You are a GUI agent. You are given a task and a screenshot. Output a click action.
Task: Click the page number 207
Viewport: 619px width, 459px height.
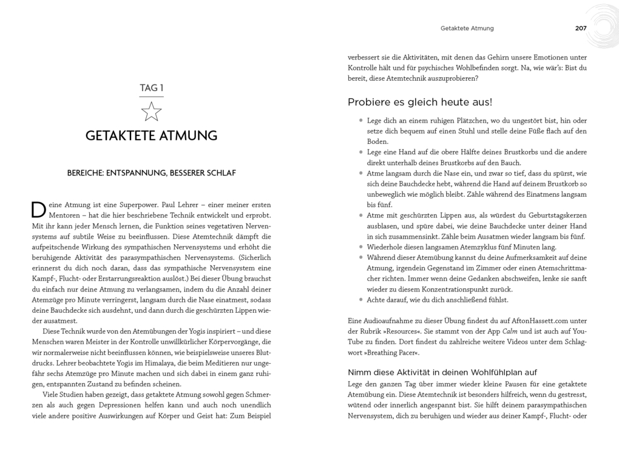(x=581, y=28)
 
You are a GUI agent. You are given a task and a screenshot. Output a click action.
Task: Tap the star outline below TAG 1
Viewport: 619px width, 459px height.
(x=151, y=111)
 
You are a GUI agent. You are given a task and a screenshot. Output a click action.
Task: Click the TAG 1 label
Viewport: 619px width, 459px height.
(x=151, y=87)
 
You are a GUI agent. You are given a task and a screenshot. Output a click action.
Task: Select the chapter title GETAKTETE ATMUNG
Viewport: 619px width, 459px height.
(x=151, y=135)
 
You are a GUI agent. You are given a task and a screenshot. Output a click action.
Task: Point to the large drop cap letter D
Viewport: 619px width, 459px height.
(x=38, y=209)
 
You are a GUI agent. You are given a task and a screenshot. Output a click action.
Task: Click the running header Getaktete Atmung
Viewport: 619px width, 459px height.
(x=467, y=28)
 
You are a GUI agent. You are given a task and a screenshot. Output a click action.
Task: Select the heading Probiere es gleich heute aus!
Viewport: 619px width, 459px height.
(x=420, y=101)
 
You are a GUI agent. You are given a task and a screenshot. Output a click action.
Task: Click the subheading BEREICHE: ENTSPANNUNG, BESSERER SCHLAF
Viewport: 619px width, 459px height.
(x=151, y=173)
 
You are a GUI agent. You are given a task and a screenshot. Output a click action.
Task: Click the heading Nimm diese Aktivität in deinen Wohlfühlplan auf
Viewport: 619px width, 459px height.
(x=442, y=372)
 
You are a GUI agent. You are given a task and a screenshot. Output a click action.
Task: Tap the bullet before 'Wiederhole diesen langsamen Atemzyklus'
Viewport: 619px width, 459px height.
(x=360, y=248)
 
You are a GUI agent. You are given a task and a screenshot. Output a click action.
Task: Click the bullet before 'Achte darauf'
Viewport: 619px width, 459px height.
(x=360, y=300)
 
